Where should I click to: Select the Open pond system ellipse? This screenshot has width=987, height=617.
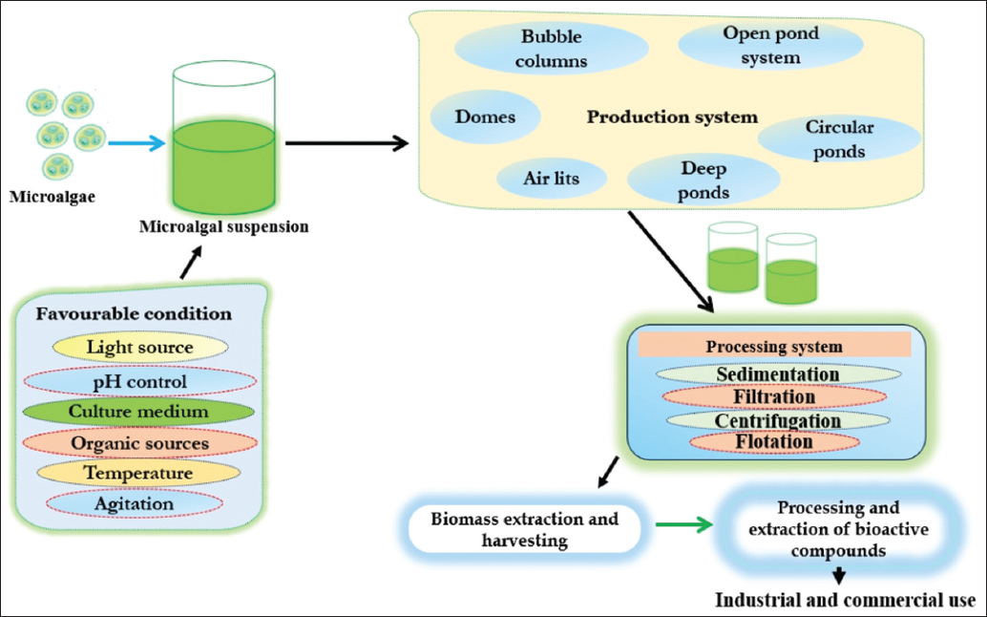(x=770, y=45)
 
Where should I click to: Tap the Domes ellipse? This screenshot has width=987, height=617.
(x=485, y=117)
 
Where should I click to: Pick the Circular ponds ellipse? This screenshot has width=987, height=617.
(x=839, y=139)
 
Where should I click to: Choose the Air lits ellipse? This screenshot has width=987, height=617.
(x=551, y=179)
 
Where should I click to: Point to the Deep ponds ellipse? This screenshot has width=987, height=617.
(x=703, y=181)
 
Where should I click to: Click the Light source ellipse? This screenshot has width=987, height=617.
(x=139, y=348)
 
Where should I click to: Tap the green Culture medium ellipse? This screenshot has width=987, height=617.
(x=137, y=413)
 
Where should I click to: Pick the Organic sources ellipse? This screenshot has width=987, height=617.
(x=139, y=443)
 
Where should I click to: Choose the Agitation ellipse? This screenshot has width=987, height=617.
(x=134, y=503)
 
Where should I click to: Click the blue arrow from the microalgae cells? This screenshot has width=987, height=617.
(x=136, y=143)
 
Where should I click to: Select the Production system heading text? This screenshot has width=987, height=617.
(x=672, y=117)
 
